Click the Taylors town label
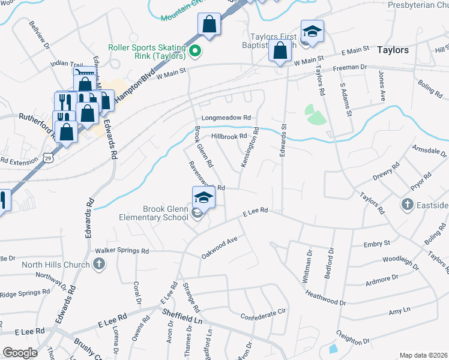(393, 50)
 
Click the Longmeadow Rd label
(226, 118)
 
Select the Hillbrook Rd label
(229, 136)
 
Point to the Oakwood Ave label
(220, 247)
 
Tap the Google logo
(20, 353)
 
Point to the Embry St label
(377, 244)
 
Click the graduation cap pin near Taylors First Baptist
(312, 32)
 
